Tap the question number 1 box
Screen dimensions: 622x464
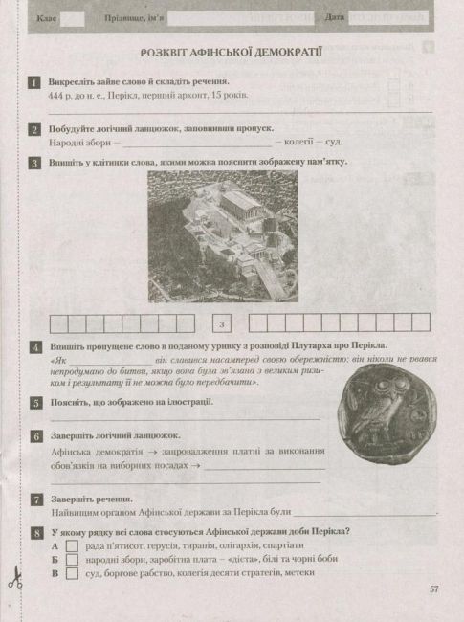[x=34, y=85]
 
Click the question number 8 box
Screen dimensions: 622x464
[x=34, y=531]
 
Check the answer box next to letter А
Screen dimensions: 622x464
[x=69, y=544]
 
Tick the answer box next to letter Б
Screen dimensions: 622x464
[x=69, y=559]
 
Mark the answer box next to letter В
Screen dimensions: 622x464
[x=69, y=573]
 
